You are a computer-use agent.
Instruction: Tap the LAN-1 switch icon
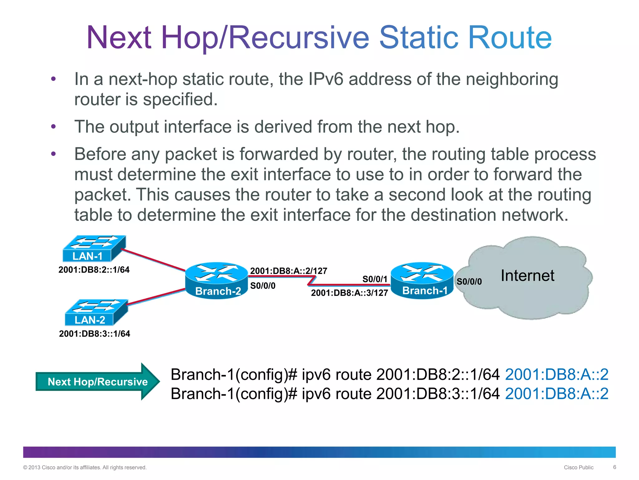(94, 248)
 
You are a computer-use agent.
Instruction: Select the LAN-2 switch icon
(96, 312)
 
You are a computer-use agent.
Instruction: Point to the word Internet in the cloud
(527, 276)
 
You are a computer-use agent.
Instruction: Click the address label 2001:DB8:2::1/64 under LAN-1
(94, 270)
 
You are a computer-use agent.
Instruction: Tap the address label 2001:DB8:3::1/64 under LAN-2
(95, 334)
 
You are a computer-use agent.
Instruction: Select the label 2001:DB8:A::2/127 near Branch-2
(289, 271)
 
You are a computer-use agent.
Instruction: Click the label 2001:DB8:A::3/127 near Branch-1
(349, 293)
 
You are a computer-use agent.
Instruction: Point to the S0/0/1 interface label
(375, 279)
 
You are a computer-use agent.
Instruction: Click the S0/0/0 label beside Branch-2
(263, 286)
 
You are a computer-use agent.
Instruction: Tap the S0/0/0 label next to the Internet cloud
(469, 282)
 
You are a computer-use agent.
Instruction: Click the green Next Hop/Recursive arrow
(97, 382)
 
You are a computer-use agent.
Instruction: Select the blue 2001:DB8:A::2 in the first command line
(557, 374)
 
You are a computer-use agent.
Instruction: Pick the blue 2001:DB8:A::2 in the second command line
(557, 393)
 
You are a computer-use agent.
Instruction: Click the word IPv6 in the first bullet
(326, 79)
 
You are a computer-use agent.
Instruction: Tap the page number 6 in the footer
(614, 467)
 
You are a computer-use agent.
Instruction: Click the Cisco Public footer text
(578, 467)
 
